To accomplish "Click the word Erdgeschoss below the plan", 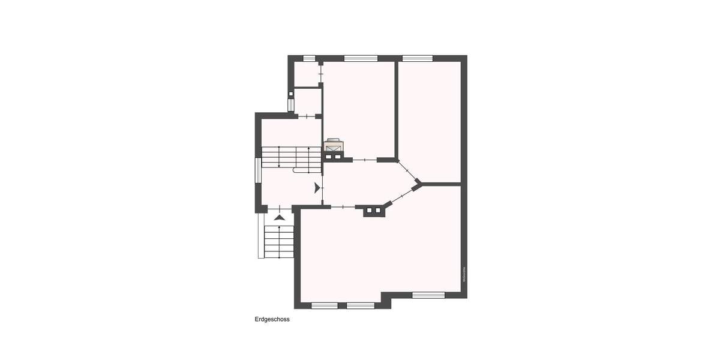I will tap(272, 320).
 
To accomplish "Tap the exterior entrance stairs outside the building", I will tap(279, 241).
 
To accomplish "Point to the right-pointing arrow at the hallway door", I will tap(317, 188).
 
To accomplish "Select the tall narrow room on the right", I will tap(430, 120).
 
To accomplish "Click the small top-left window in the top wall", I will tap(309, 58).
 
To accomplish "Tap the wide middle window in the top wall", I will tap(361, 58).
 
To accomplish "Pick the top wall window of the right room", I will tap(418, 58).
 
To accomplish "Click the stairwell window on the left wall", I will tap(258, 170).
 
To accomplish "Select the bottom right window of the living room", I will tap(428, 295).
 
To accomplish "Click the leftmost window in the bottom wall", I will tap(325, 305).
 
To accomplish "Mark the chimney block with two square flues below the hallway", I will tap(373, 211).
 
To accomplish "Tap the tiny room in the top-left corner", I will tap(306, 74).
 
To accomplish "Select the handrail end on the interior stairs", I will tap(296, 170).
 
